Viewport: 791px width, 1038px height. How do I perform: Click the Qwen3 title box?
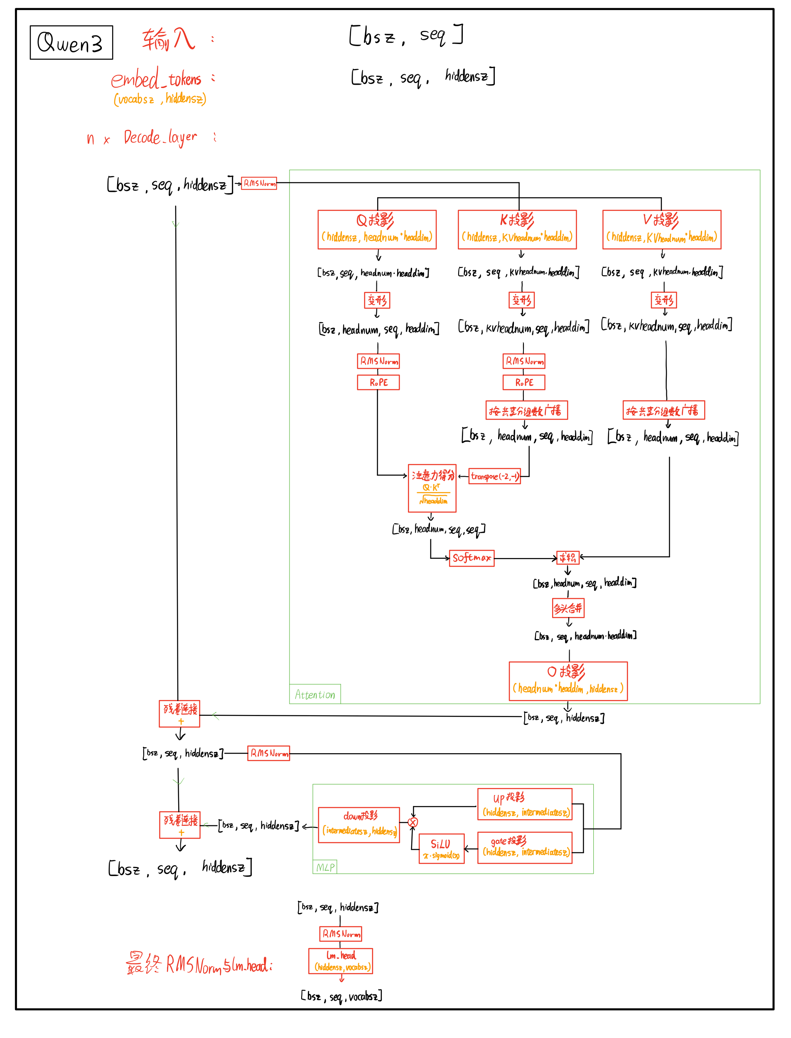pos(71,43)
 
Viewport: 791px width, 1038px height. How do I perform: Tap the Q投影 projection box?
pos(377,230)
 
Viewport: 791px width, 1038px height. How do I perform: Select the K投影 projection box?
pos(517,230)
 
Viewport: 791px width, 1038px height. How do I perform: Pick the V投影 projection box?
pos(661,230)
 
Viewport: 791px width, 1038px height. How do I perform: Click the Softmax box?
pos(471,558)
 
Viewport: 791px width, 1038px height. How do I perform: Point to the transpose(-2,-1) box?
pos(494,476)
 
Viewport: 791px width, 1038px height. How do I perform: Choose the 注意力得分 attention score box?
pos(432,488)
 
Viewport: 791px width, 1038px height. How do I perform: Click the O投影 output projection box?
pos(568,681)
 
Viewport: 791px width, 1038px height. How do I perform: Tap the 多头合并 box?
pos(568,608)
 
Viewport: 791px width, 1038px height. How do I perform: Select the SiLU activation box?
pos(441,849)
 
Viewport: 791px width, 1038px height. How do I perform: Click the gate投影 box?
pos(525,847)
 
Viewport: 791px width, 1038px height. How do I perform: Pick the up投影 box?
pos(525,804)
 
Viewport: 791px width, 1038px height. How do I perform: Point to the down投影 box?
pos(359,825)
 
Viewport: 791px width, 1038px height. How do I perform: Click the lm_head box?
pos(340,961)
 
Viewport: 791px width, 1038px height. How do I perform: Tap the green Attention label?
pos(314,695)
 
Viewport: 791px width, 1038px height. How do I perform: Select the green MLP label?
pos(325,867)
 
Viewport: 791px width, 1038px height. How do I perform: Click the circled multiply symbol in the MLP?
pos(413,823)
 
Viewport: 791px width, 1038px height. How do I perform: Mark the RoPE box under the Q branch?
pos(378,382)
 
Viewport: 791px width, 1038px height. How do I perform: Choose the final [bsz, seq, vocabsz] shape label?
pos(341,996)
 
